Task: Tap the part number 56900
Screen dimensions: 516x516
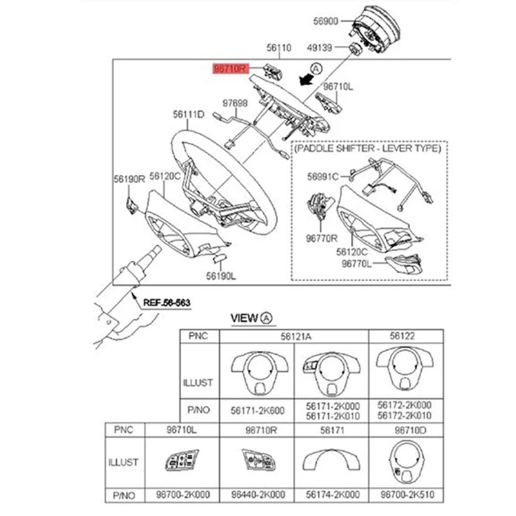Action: coord(326,21)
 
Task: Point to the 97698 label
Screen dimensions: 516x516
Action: coord(235,103)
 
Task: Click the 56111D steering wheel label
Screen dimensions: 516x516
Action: coord(188,114)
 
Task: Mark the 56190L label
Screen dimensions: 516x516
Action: coord(221,275)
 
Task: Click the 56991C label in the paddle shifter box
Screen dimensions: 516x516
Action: coord(322,176)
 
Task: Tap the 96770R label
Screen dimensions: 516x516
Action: coord(322,237)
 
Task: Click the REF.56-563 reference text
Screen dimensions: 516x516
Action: coord(167,302)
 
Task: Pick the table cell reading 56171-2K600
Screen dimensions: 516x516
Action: coord(257,410)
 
